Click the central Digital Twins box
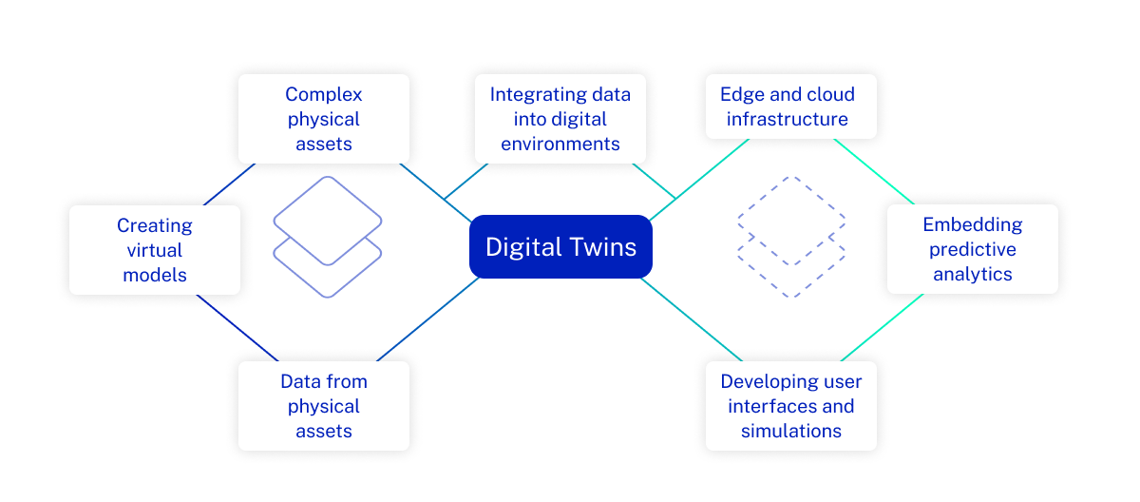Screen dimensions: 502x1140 (x=560, y=247)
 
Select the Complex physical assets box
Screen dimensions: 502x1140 (x=323, y=119)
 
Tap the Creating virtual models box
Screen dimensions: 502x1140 (x=154, y=250)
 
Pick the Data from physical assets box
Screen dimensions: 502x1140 (x=323, y=406)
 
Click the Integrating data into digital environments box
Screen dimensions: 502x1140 (x=560, y=119)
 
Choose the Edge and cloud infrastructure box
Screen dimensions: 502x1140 (x=790, y=106)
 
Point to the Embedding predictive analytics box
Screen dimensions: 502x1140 (x=972, y=249)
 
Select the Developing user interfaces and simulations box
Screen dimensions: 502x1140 (x=790, y=406)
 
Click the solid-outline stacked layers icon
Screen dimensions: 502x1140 (x=328, y=237)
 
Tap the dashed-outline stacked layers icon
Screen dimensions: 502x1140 (x=791, y=237)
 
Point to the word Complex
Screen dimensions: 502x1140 (x=323, y=94)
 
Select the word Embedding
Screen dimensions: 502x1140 (x=972, y=224)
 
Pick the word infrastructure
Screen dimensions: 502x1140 (x=788, y=119)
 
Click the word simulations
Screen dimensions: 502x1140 (x=790, y=431)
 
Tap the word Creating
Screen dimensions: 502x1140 (x=154, y=225)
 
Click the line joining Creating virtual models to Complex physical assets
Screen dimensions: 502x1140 (x=228, y=184)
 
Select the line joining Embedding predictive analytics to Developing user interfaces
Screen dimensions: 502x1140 (x=882, y=327)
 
